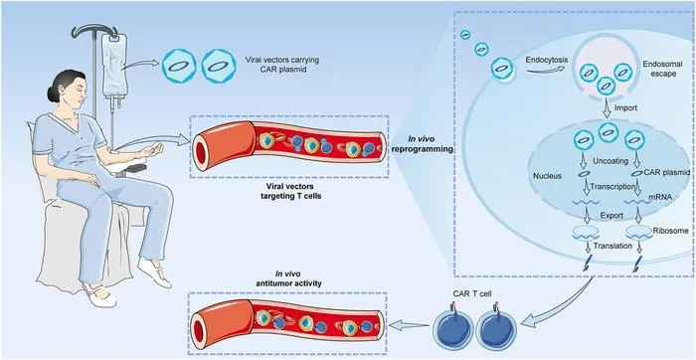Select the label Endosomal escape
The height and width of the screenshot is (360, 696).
tap(659, 69)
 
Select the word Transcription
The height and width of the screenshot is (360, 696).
tap(611, 187)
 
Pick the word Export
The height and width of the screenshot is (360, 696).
tap(611, 216)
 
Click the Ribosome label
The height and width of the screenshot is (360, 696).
tap(671, 231)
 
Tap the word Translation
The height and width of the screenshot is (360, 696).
tap(612, 245)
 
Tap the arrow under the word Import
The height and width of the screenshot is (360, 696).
tap(608, 110)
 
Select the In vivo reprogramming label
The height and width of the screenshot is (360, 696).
tap(423, 144)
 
